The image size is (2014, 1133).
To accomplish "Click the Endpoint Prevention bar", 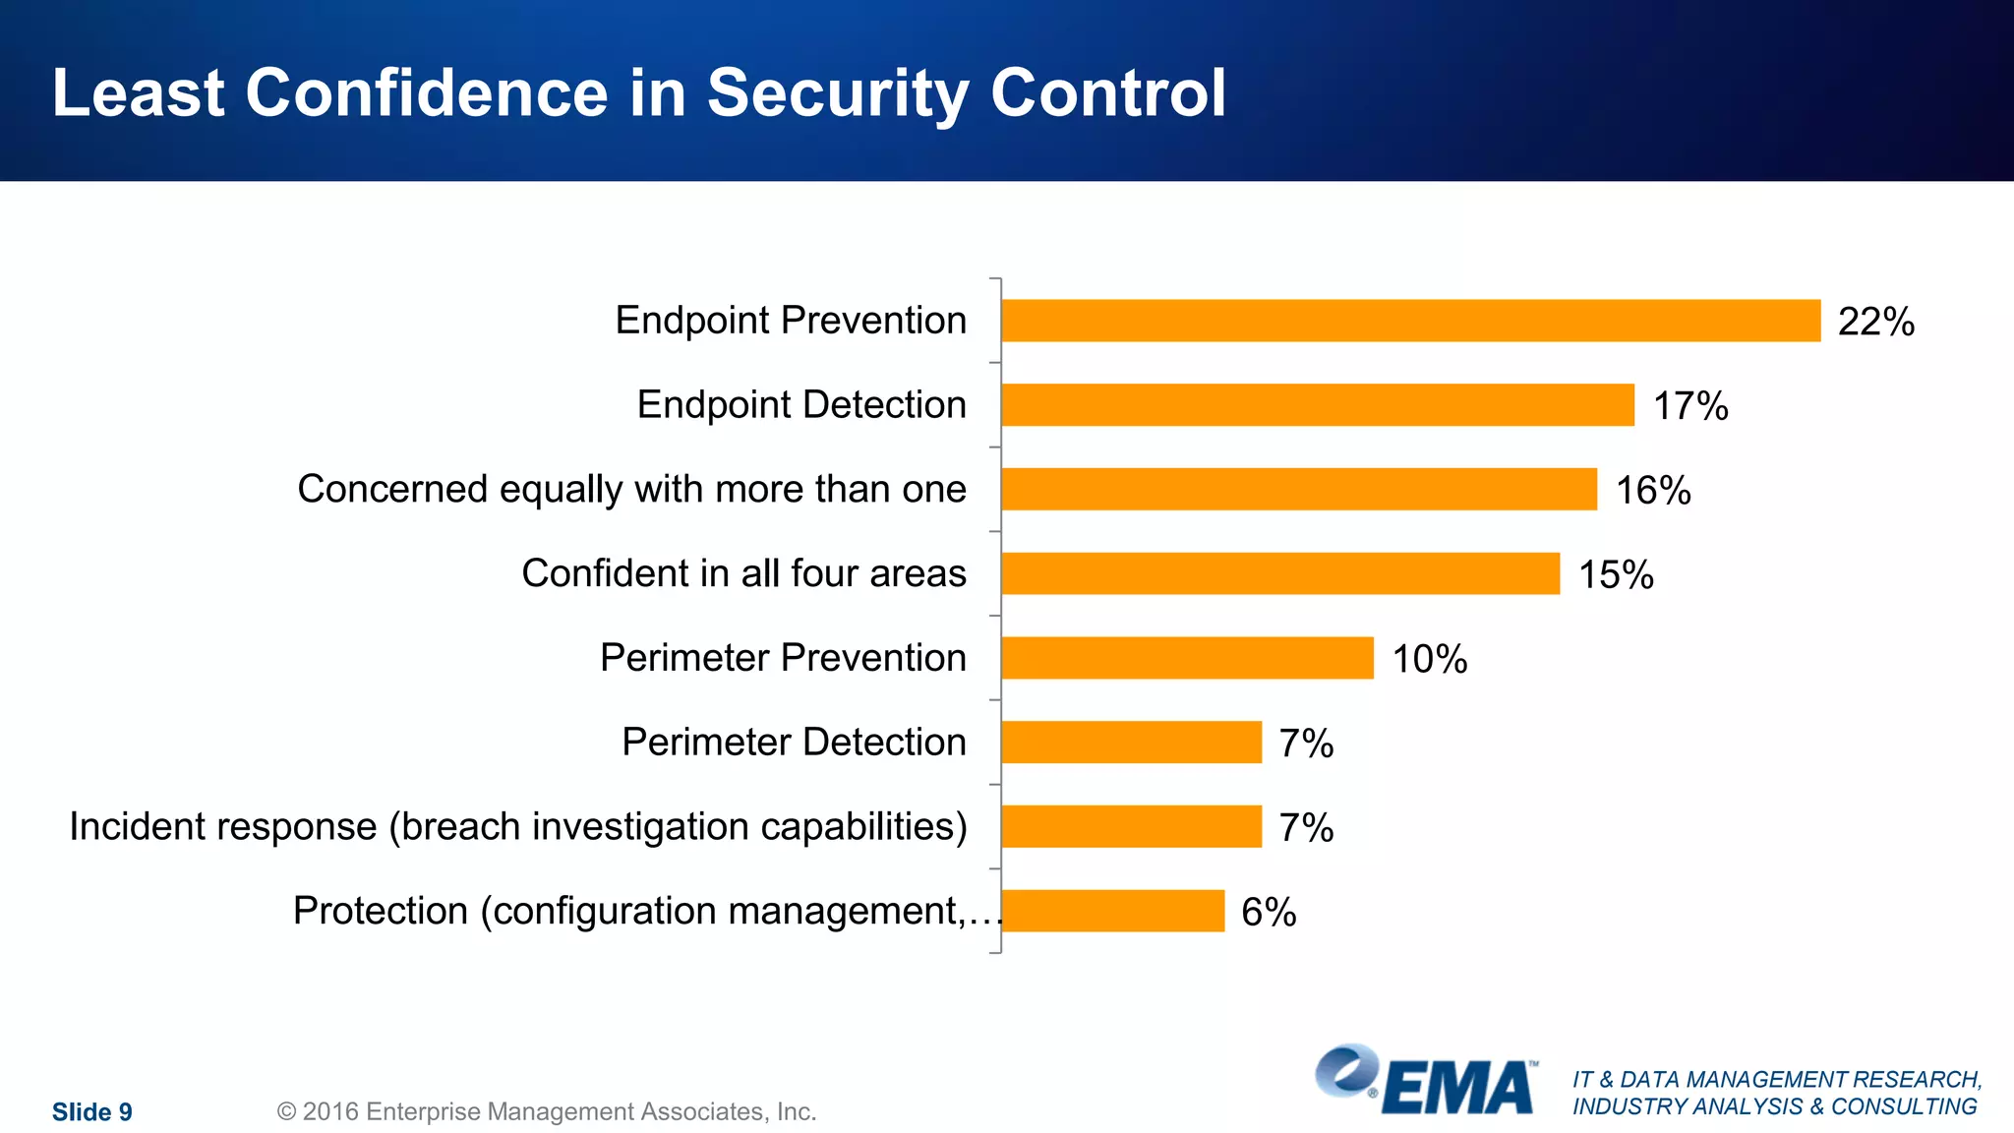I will click(1410, 321).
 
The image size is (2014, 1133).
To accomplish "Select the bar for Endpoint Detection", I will click(1318, 405).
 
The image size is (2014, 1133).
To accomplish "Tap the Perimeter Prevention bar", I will click(1187, 658).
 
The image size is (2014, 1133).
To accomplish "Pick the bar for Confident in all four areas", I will click(1280, 573).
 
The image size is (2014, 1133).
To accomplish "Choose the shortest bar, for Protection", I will click(1112, 911).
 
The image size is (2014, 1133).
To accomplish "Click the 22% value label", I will click(1875, 322).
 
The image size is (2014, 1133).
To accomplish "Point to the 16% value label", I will click(1653, 490).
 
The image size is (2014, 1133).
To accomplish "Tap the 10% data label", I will click(1429, 659).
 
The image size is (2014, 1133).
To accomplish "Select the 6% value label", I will click(1269, 912).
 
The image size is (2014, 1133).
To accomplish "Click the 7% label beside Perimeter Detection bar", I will click(1306, 744).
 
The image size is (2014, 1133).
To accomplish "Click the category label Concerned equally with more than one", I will click(631, 489).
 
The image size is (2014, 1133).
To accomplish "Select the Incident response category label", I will click(518, 826).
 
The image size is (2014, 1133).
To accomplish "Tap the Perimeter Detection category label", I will click(794, 743).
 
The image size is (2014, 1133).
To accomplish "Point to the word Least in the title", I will click(139, 93).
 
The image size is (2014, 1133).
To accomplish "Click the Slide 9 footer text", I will click(91, 1111).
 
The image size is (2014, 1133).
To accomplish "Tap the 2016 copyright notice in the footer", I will click(547, 1111).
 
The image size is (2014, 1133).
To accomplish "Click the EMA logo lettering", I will click(1458, 1088).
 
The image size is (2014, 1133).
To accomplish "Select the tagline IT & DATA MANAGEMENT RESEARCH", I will click(1776, 1080).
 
